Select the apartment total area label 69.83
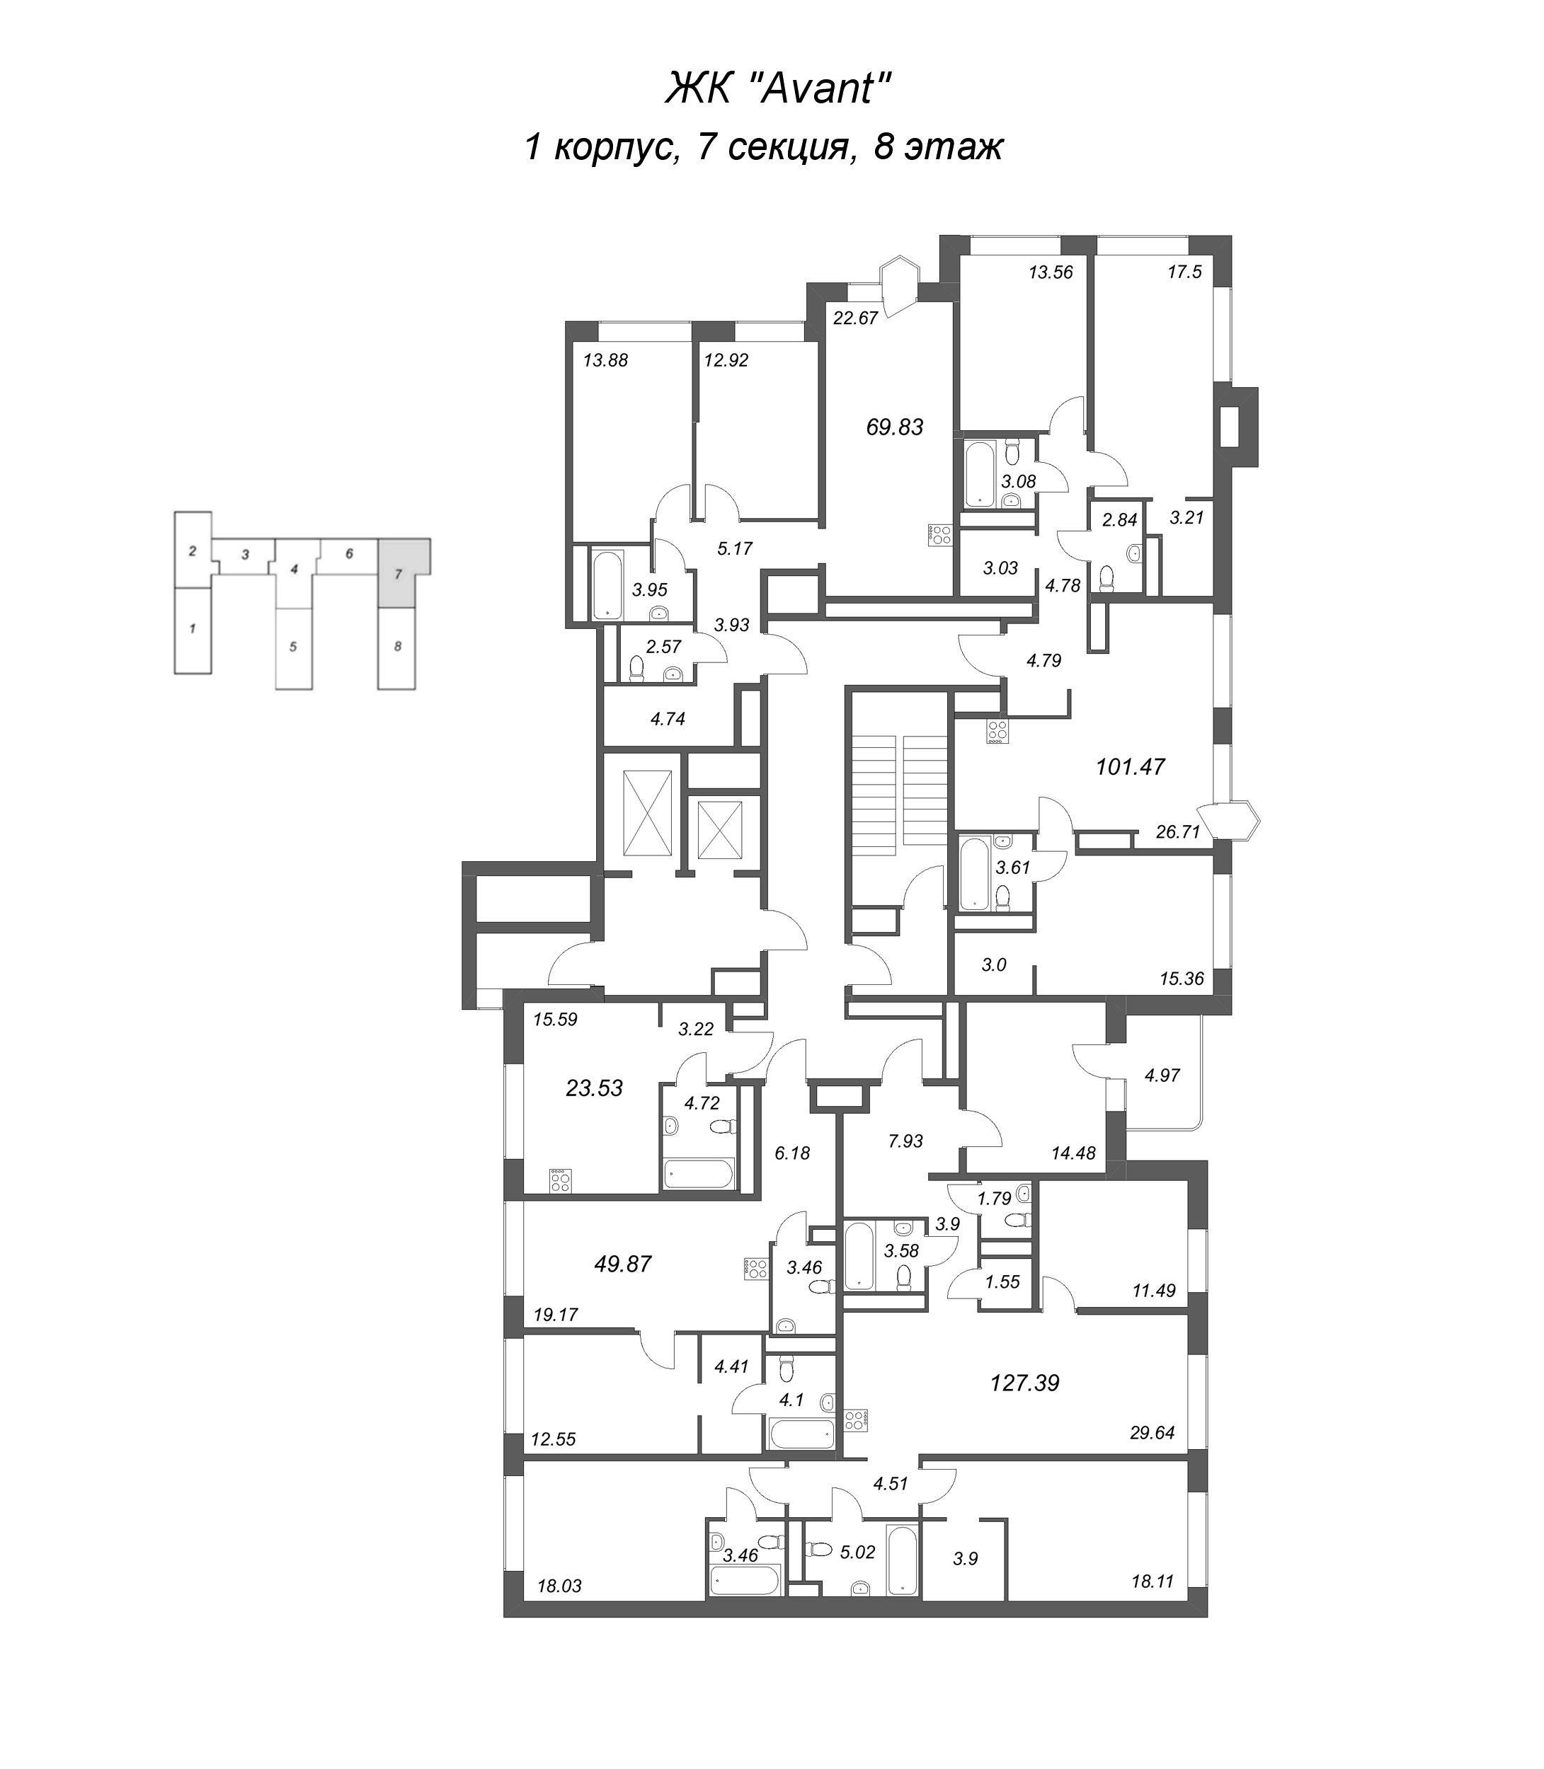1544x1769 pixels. (894, 427)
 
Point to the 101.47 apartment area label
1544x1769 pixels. (1130, 766)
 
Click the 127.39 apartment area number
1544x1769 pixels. (1024, 1383)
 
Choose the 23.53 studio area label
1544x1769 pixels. (594, 1088)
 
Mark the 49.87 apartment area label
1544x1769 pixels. (623, 1264)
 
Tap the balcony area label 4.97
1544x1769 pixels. (1162, 1075)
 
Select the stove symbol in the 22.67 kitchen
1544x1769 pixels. (940, 535)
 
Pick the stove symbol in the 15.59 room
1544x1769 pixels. (561, 1179)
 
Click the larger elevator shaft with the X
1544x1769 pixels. (646, 813)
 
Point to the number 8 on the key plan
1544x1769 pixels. (397, 646)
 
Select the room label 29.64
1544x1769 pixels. (1152, 1433)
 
